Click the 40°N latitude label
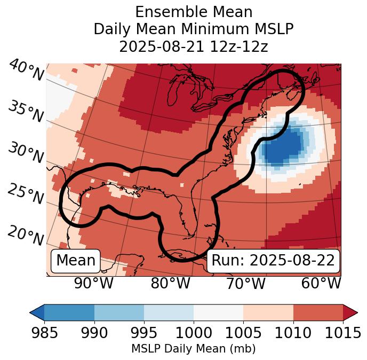coord(26,71)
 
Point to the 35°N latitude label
coord(26,111)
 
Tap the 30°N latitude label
coord(26,153)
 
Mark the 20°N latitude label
coord(26,235)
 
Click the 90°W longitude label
coord(94,283)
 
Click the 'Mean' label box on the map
coord(76,261)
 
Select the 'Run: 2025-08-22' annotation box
coord(273,261)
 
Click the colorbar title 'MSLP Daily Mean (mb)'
coord(193,349)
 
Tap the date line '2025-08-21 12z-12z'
coord(194,47)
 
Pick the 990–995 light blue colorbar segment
coord(119,312)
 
